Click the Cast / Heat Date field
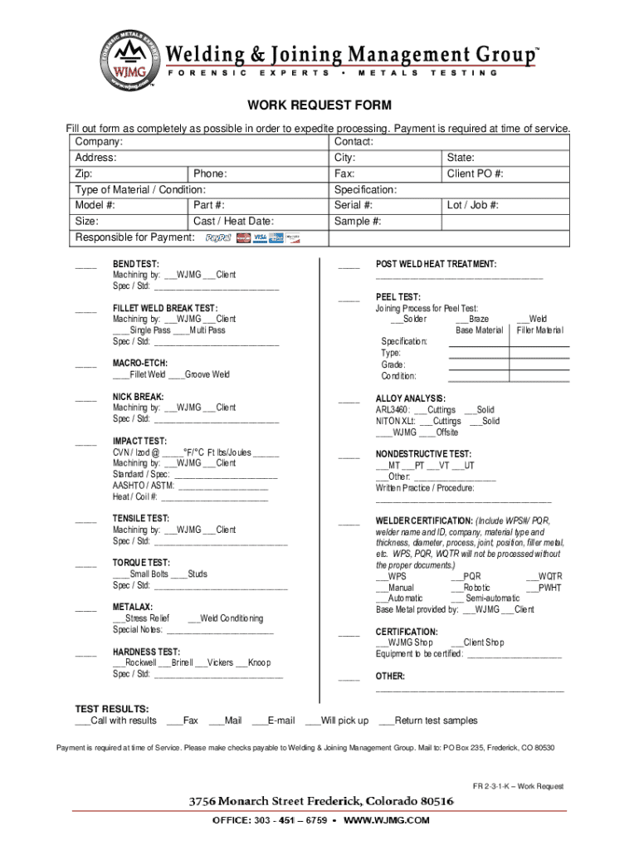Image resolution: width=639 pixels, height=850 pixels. pyautogui.click(x=233, y=222)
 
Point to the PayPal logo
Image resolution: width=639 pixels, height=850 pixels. pyautogui.click(x=218, y=238)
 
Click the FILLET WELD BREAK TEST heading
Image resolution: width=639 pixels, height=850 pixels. pyautogui.click(x=165, y=308)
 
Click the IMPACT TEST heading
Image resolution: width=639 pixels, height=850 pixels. pyautogui.click(x=139, y=441)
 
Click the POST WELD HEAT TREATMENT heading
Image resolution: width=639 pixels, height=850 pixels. pyautogui.click(x=436, y=264)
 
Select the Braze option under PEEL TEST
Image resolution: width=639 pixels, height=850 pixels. pyautogui.click(x=472, y=319)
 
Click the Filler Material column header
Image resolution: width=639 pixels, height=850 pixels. pyautogui.click(x=539, y=330)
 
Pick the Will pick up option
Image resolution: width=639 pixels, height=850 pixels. pyautogui.click(x=337, y=721)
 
